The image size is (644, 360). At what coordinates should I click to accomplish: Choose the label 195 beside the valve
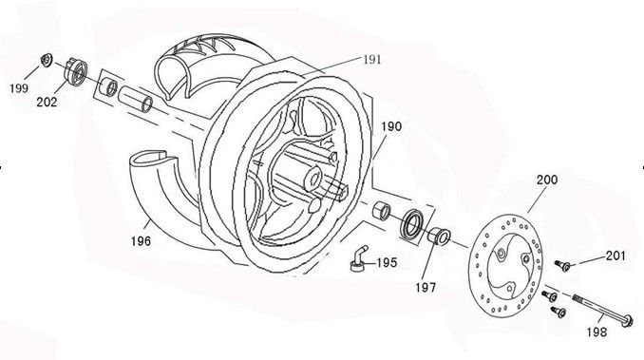(x=387, y=262)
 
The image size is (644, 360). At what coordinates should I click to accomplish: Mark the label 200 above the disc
(x=547, y=180)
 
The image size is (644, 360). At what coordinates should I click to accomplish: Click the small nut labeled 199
(x=46, y=64)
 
